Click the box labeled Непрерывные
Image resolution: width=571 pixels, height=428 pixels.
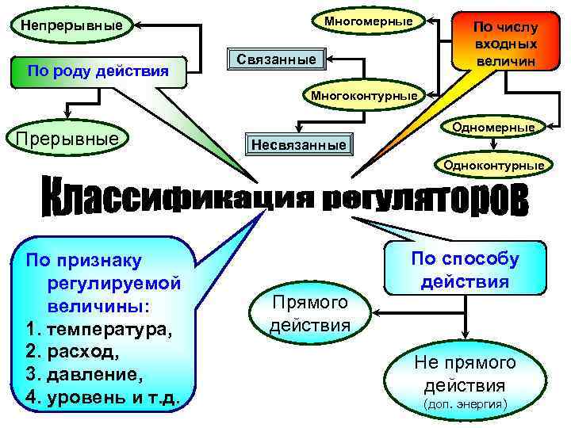pos(72,25)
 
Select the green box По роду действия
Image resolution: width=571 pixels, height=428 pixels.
pos(98,71)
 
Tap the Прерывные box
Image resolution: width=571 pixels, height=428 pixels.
pos(67,140)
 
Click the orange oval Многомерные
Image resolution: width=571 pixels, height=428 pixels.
pos(368,21)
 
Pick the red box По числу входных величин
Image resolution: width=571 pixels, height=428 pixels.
pos(505,44)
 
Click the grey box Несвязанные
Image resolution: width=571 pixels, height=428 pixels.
pos(298,145)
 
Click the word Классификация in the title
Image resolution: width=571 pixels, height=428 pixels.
pos(180,197)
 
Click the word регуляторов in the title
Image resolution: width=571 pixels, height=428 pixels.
pos(425,198)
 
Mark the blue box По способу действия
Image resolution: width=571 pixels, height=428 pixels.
pos(465,269)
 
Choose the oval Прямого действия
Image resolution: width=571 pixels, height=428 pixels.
pos(310,312)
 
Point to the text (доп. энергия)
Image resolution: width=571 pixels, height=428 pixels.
pos(464,404)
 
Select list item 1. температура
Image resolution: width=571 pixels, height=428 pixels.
pos(100,329)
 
